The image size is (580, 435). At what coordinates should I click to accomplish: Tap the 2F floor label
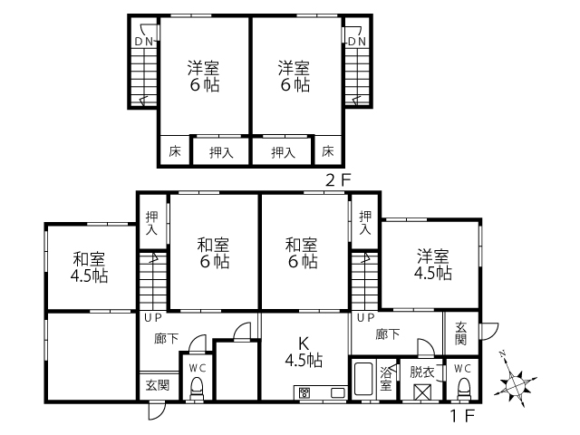[x=338, y=180]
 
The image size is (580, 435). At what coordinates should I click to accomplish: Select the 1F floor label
[x=462, y=416]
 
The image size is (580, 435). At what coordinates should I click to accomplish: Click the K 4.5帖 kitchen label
[x=304, y=352]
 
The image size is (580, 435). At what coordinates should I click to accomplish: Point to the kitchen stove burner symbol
[x=305, y=392]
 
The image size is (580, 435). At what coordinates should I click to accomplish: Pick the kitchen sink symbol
[x=337, y=392]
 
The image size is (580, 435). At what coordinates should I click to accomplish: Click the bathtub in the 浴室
[x=362, y=379]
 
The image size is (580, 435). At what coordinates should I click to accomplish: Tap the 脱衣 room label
[x=421, y=372]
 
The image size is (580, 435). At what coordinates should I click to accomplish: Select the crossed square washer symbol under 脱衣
[x=422, y=392]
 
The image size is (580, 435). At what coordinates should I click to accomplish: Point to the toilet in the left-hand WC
[x=197, y=389]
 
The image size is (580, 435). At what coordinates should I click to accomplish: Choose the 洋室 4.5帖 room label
[x=433, y=265]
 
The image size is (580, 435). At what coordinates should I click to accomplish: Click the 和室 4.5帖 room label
[x=89, y=267]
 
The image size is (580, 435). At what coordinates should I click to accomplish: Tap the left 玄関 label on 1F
[x=158, y=385]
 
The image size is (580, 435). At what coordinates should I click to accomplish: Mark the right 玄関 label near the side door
[x=461, y=333]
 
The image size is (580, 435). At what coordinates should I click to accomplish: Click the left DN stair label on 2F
[x=144, y=42]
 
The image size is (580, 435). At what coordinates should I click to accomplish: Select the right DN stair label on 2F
[x=357, y=42]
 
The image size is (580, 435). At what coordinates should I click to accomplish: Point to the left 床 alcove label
[x=175, y=151]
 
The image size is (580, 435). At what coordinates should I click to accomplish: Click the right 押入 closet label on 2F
[x=283, y=152]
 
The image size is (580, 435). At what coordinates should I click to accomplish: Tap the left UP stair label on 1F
[x=153, y=318]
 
